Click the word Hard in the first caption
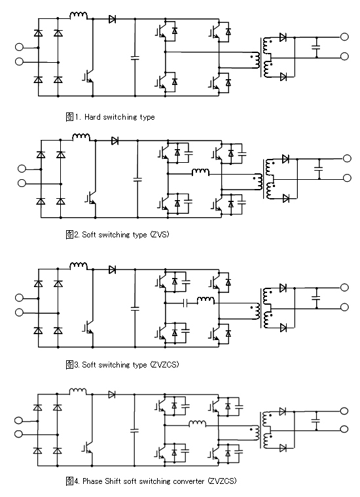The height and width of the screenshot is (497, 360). coord(92,117)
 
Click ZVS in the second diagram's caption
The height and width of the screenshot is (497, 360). coord(160,235)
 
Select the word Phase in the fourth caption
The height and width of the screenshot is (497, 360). coord(92,481)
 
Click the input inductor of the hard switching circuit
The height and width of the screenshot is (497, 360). coord(79,15)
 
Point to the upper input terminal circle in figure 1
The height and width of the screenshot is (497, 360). coord(19,47)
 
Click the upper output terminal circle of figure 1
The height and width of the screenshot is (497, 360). coord(344,37)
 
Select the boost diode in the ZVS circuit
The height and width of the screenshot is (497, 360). coord(115,141)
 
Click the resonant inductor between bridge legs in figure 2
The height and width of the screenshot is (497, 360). coord(200,171)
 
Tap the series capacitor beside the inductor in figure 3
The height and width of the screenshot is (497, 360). coord(186,303)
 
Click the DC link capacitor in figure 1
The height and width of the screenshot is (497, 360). coord(135,58)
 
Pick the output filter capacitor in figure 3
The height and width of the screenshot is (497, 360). coord(316,298)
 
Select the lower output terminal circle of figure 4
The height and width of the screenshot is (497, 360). coord(344,429)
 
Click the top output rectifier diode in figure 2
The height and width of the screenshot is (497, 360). coord(285,158)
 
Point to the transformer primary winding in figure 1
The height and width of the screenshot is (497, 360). coord(257,60)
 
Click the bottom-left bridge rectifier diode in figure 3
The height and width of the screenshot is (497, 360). coord(39,331)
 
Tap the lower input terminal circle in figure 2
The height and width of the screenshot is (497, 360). coord(22,183)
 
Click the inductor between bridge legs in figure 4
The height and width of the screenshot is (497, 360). coord(197,423)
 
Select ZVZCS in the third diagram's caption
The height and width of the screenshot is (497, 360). coord(165,364)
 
